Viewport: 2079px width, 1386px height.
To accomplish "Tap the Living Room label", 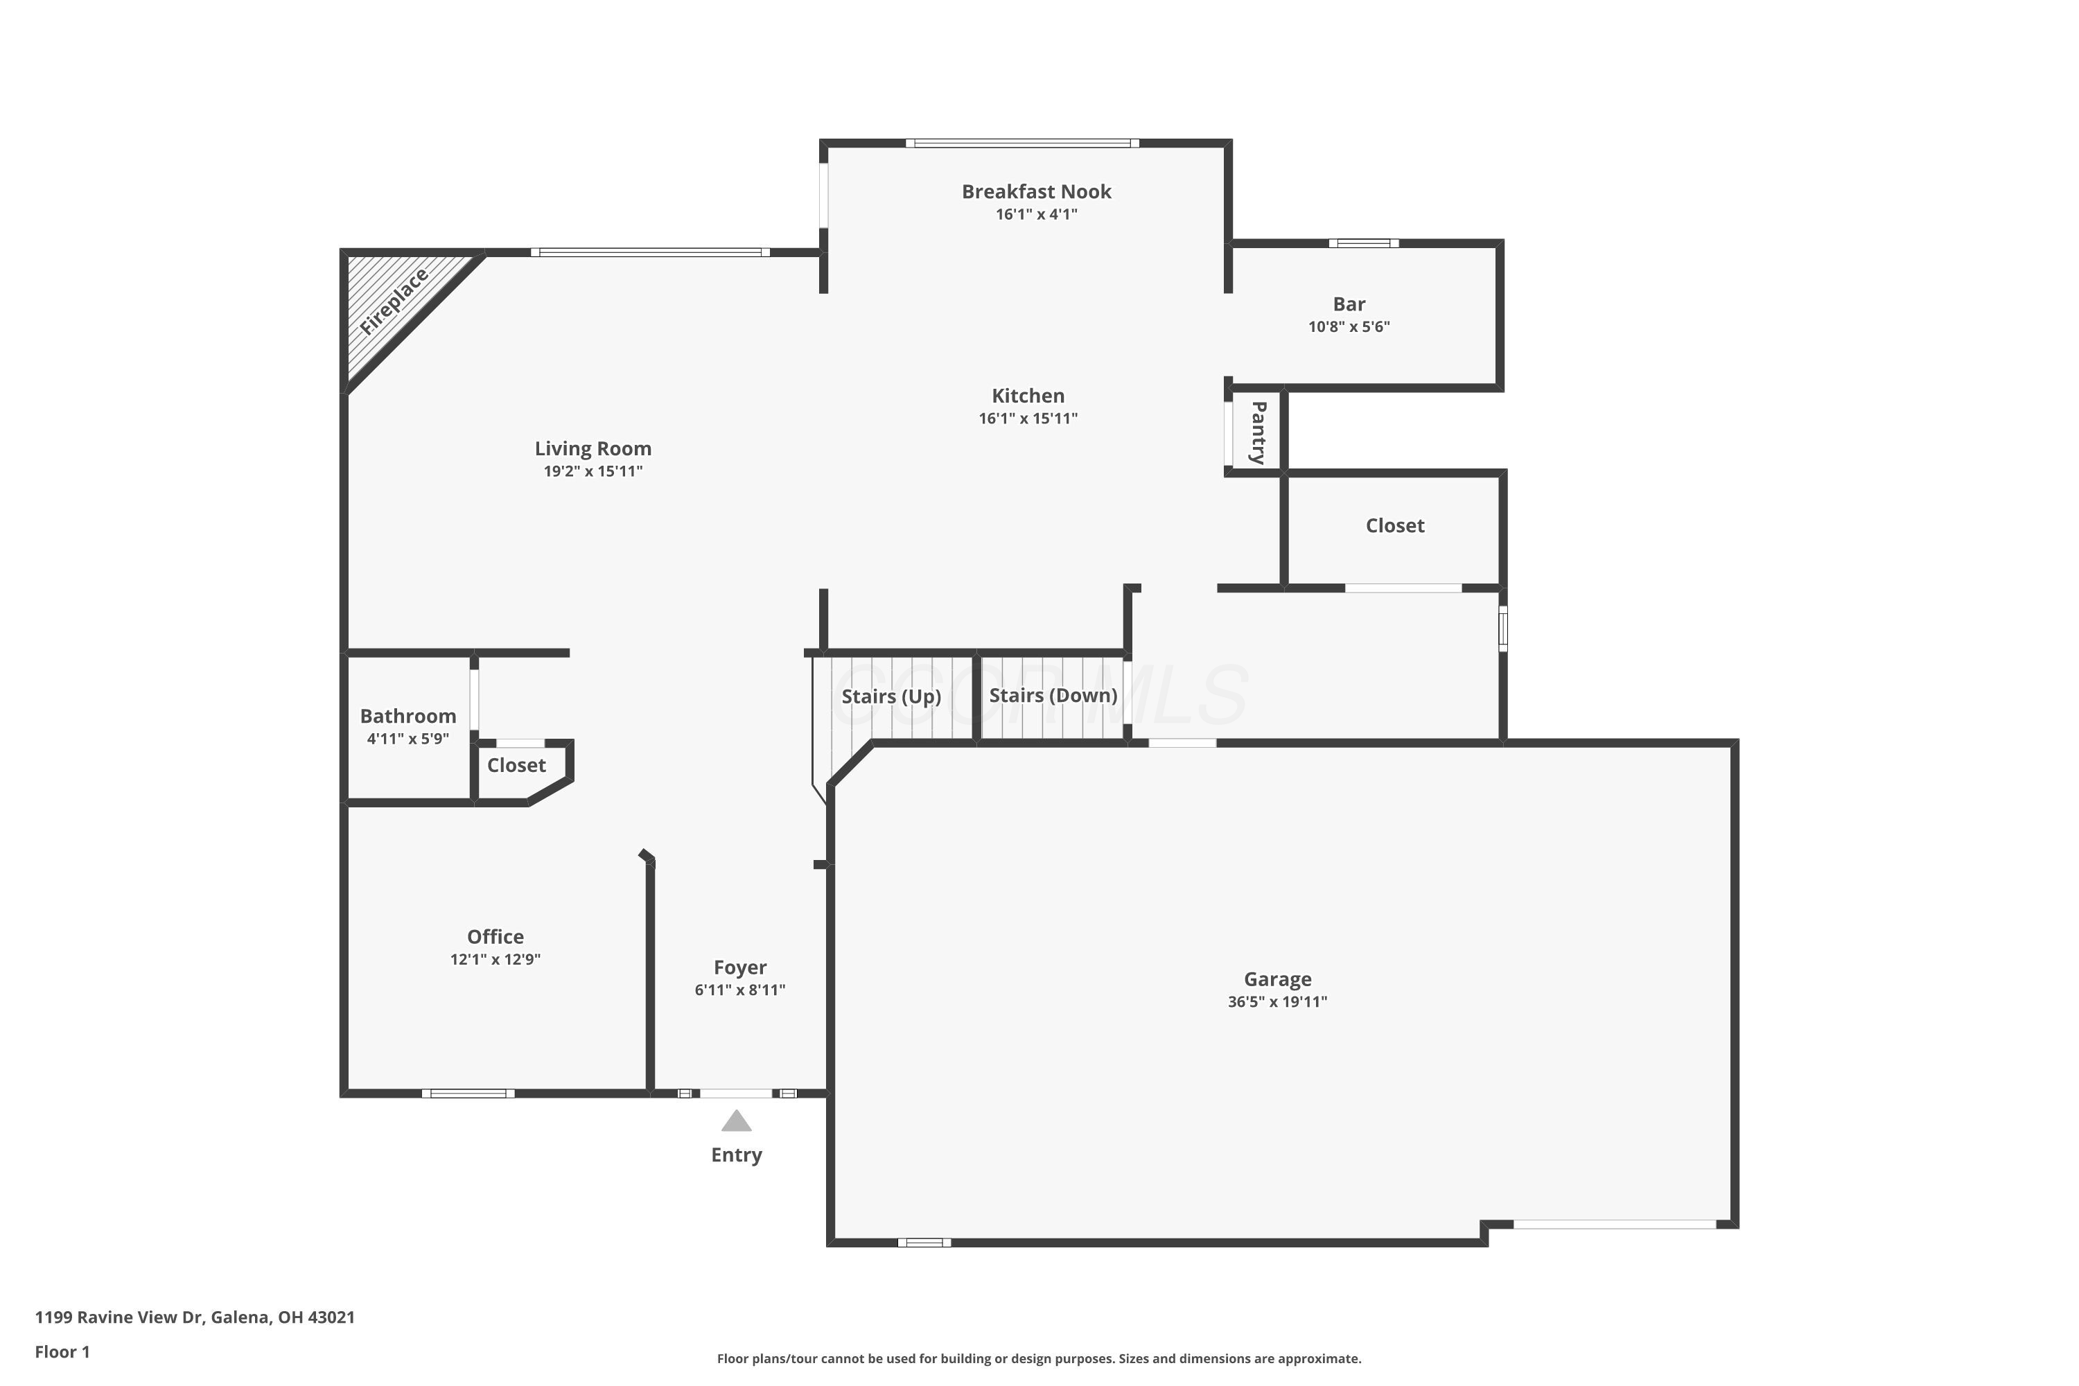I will click(x=593, y=449).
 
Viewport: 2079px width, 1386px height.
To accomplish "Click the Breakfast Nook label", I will click(x=1036, y=192).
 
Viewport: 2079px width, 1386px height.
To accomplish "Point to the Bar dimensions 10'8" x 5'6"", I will click(x=1349, y=327).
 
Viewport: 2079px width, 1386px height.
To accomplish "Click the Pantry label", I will click(x=1258, y=432).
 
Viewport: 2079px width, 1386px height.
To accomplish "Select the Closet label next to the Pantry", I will click(x=1395, y=526).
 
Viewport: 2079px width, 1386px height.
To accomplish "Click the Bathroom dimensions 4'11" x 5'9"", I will click(x=407, y=739).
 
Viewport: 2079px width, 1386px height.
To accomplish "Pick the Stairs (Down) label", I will click(x=1053, y=696).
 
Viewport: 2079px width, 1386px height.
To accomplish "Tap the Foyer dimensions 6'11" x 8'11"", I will click(x=740, y=990).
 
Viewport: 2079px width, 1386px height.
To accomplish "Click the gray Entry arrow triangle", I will click(x=736, y=1123).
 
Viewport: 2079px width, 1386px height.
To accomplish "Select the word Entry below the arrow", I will click(x=736, y=1155).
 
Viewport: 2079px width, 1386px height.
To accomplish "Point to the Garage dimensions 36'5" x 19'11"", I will click(x=1277, y=1001).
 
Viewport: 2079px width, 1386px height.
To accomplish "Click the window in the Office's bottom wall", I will click(x=468, y=1094).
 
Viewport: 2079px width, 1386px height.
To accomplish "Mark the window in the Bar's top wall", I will click(x=1363, y=243).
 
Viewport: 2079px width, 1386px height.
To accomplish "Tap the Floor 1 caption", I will click(x=63, y=1351).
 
